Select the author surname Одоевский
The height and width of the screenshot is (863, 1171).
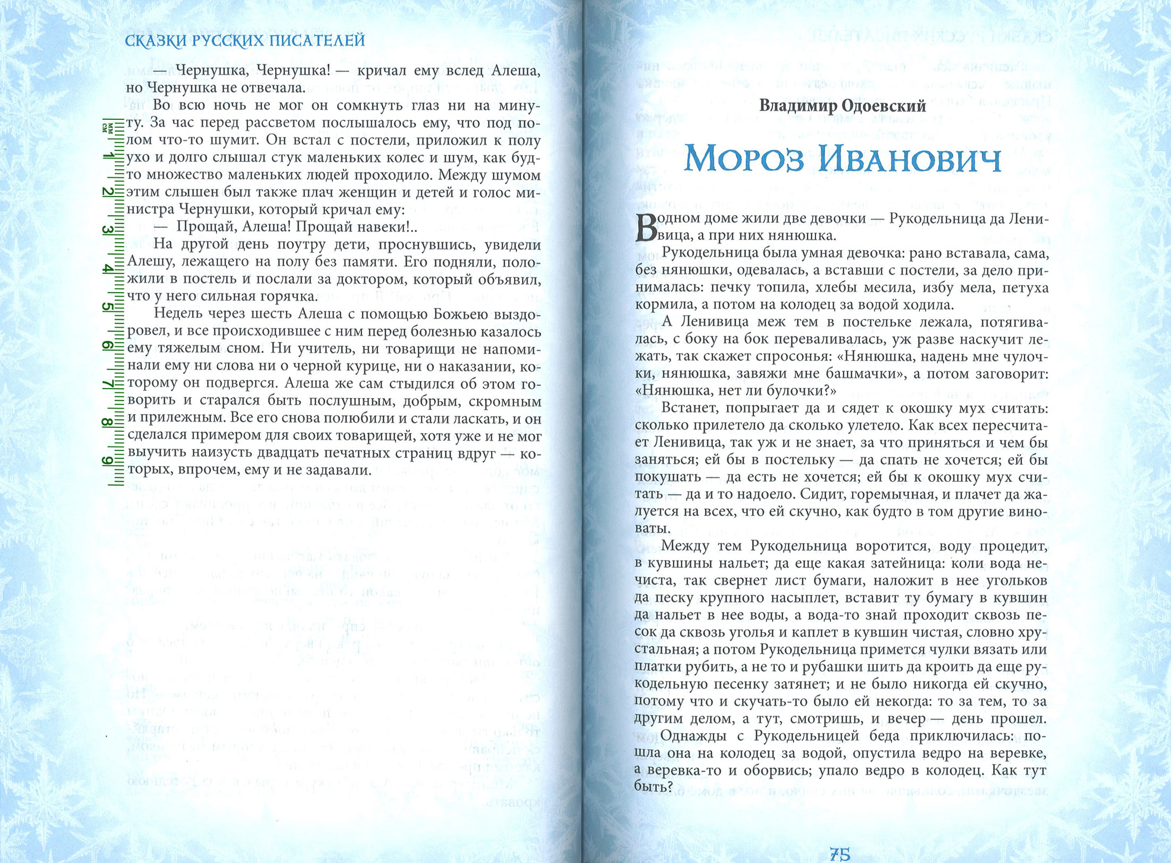point(882,106)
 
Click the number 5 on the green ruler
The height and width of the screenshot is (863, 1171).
point(107,307)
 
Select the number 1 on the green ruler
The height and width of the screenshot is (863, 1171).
point(107,156)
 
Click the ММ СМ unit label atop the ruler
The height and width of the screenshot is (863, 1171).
point(107,128)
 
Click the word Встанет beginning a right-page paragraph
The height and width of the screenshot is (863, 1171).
point(692,408)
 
